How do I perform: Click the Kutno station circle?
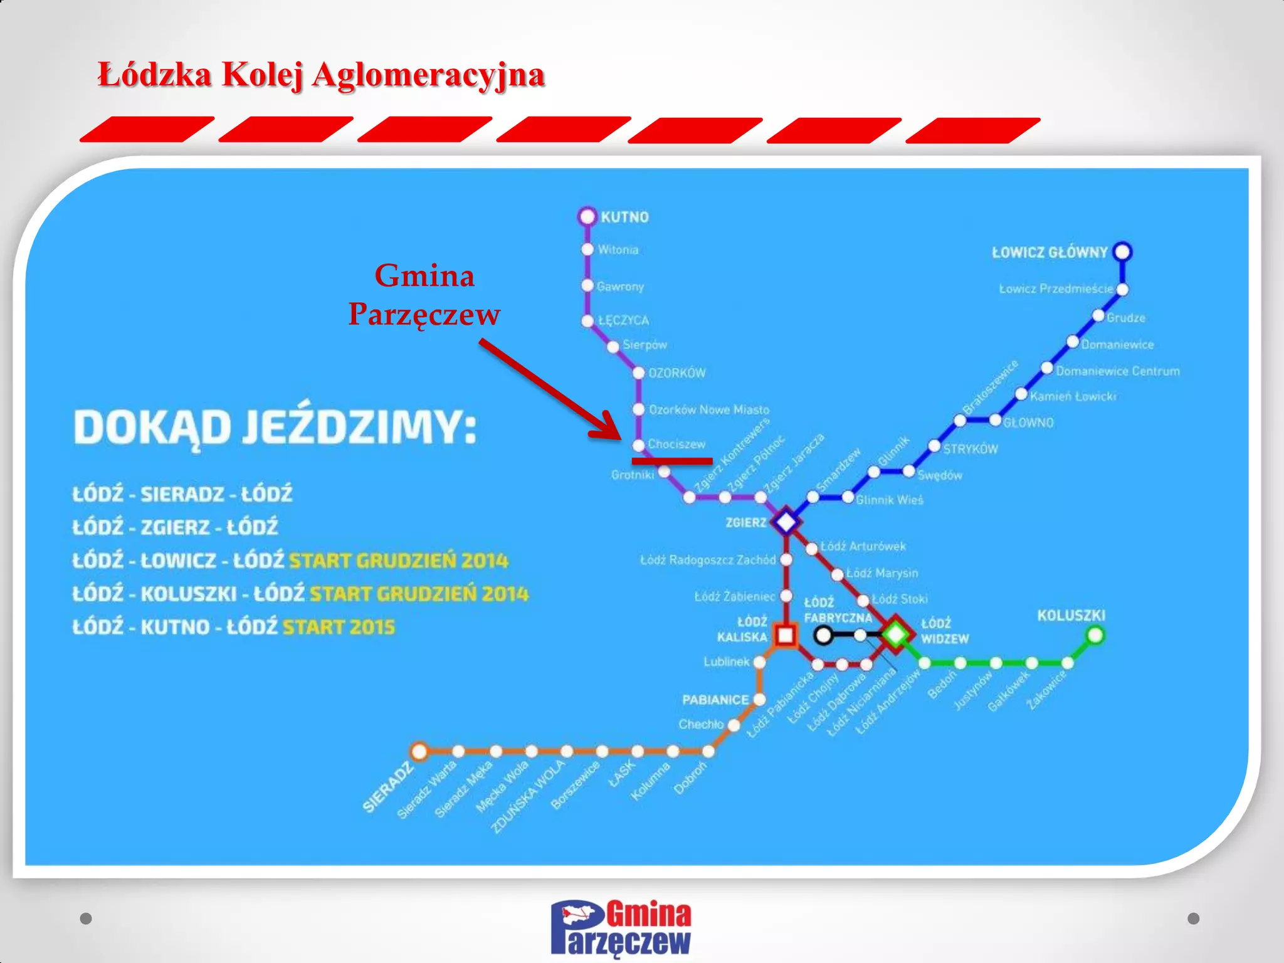(587, 216)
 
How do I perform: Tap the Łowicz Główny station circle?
(1122, 251)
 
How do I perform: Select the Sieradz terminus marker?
(419, 751)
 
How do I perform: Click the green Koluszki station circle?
(1095, 635)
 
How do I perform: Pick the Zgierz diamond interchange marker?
(786, 522)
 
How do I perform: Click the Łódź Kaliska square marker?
(786, 635)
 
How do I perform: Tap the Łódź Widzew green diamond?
(896, 634)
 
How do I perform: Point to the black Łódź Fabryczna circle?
(823, 635)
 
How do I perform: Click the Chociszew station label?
(676, 445)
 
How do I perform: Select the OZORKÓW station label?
(677, 373)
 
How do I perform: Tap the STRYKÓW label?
(970, 449)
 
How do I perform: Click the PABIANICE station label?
(715, 700)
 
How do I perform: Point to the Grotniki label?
(633, 475)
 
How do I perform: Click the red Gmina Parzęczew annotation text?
(424, 295)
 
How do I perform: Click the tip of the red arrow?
(619, 437)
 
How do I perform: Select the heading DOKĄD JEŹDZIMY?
(275, 428)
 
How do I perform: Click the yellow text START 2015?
(339, 627)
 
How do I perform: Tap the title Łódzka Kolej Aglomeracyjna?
(321, 75)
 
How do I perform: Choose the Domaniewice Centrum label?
(1117, 371)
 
